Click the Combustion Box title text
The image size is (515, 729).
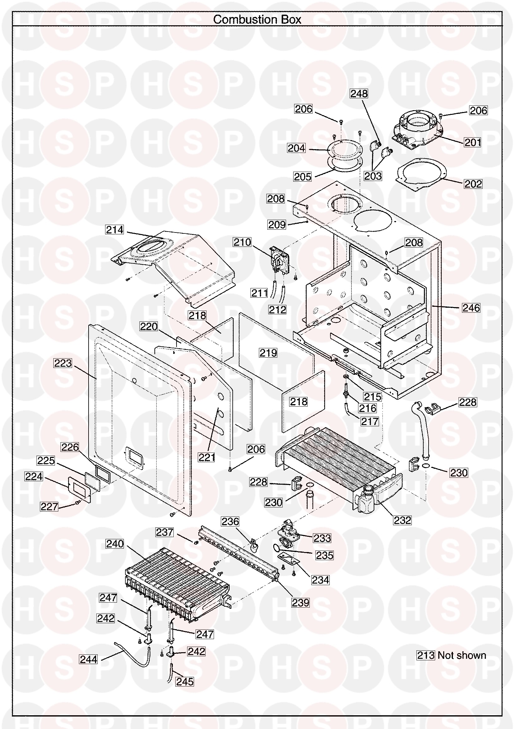[257, 20]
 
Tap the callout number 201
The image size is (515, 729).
[473, 142]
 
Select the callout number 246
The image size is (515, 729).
[471, 308]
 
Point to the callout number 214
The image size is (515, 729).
[114, 230]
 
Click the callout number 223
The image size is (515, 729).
[63, 363]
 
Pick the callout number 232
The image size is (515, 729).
[402, 520]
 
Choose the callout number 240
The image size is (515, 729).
[115, 544]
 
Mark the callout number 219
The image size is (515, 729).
[269, 352]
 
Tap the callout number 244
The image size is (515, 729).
[89, 659]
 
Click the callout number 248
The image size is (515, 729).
[359, 94]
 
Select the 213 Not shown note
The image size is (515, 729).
[451, 655]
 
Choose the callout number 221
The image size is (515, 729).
[206, 457]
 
